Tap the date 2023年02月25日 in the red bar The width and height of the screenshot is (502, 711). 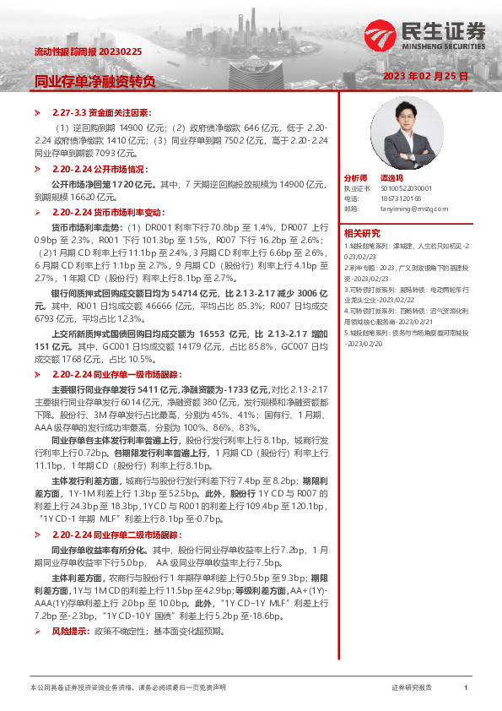424,76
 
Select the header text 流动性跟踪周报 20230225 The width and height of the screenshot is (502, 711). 88,52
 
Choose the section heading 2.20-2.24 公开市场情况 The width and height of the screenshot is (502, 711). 98,170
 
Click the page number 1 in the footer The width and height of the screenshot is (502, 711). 466,688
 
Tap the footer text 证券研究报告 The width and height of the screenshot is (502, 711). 412,688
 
